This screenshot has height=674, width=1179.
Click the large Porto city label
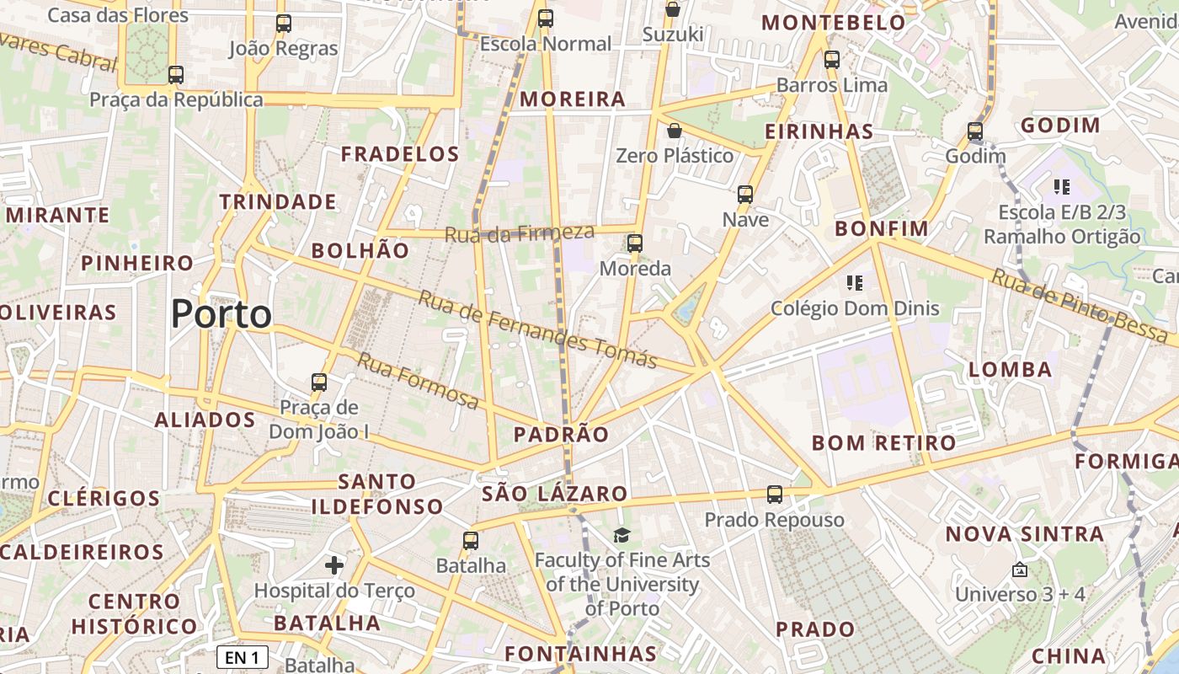pos(221,314)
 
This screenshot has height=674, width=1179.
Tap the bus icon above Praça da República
pos(175,75)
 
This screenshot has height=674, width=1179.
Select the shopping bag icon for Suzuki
pos(672,9)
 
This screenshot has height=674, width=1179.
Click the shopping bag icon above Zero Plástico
pos(674,131)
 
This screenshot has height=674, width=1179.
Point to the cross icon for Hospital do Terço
pos(334,564)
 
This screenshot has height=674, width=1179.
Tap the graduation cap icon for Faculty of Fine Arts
pos(622,535)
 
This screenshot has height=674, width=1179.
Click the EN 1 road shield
pos(243,657)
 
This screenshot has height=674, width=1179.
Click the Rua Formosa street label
pos(418,381)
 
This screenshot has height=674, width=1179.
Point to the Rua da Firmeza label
pos(519,233)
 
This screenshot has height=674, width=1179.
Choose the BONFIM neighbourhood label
pos(881,228)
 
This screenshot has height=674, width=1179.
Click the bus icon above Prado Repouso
pos(774,495)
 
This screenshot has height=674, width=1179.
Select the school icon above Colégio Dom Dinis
pos(855,282)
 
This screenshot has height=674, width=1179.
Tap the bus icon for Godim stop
pos(974,131)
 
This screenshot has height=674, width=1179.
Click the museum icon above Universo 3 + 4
pos(1019,570)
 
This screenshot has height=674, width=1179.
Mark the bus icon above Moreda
pos(635,243)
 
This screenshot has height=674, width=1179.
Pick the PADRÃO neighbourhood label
pos(561,435)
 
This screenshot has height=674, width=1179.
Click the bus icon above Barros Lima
pos(831,60)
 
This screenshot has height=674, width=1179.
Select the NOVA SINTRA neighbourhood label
pos(1024,534)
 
